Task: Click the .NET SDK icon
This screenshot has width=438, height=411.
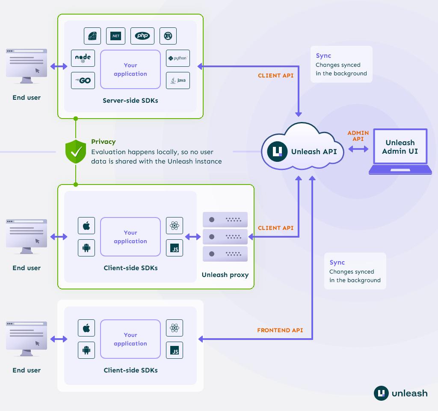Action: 116,36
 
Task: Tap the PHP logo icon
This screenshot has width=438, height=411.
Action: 142,36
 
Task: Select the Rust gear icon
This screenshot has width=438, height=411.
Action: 168,36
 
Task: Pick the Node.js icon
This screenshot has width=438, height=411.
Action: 83,58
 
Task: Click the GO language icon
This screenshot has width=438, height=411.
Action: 83,80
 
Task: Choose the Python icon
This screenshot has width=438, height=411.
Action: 178,58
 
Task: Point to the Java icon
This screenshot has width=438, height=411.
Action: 178,80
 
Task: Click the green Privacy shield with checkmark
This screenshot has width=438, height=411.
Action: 76,151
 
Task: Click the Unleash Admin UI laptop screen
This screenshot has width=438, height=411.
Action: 400,146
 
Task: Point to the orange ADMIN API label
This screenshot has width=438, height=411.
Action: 358,136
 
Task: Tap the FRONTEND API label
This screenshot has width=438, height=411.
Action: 280,331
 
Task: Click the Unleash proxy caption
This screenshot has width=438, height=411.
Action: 225,275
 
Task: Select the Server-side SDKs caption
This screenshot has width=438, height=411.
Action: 130,101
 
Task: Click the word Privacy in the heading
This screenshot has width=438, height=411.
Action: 104,142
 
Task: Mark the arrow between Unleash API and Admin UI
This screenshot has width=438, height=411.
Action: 358,149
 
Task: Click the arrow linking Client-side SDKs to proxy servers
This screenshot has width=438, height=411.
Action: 192,236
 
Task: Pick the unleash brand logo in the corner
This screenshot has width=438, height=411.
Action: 400,393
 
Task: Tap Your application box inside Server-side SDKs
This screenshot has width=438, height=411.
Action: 130,69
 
